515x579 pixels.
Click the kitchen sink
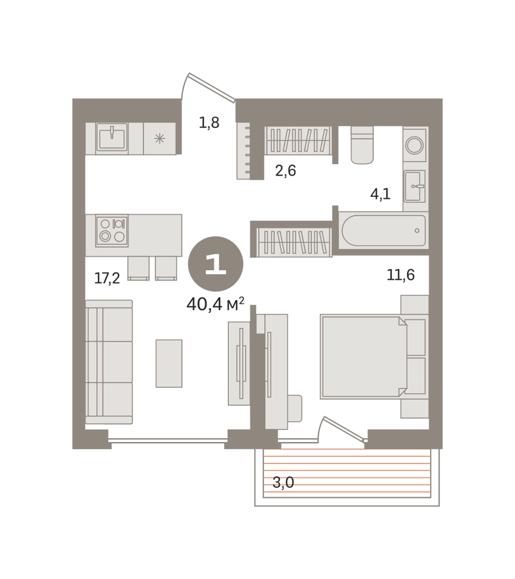[x=112, y=137]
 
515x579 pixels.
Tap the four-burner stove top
[x=112, y=231]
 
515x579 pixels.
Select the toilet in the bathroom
[x=362, y=145]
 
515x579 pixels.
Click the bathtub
[x=384, y=230]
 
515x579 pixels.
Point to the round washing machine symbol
[x=415, y=145]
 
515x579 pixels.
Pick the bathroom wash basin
[x=415, y=186]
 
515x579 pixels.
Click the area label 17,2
[x=107, y=278]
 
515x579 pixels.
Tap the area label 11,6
[x=400, y=275]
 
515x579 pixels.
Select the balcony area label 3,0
[x=283, y=482]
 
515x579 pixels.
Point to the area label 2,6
[x=286, y=170]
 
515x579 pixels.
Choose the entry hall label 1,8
[x=209, y=122]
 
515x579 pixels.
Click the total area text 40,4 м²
[x=216, y=304]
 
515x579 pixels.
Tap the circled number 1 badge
[x=216, y=264]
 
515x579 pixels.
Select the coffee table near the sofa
[x=169, y=363]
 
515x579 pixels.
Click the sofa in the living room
[x=109, y=362]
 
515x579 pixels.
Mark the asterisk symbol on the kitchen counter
[x=160, y=139]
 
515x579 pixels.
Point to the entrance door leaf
[x=212, y=87]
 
